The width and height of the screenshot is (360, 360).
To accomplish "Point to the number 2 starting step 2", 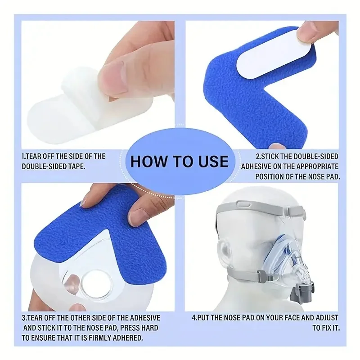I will click(257, 156).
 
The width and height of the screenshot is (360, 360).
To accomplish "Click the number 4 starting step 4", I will click(194, 318).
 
